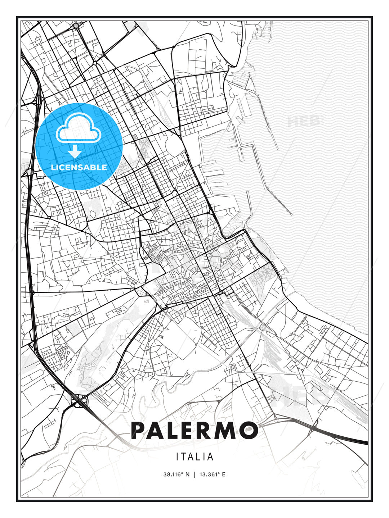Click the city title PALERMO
[194, 430]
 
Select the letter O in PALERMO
[249, 430]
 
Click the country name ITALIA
[194, 457]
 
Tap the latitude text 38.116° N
[176, 474]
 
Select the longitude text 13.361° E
[213, 474]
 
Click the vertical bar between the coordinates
[195, 474]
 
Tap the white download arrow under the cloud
[75, 152]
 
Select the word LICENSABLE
[79, 167]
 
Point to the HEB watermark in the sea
[304, 121]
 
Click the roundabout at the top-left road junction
[76, 26]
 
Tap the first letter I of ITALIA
[178, 457]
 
